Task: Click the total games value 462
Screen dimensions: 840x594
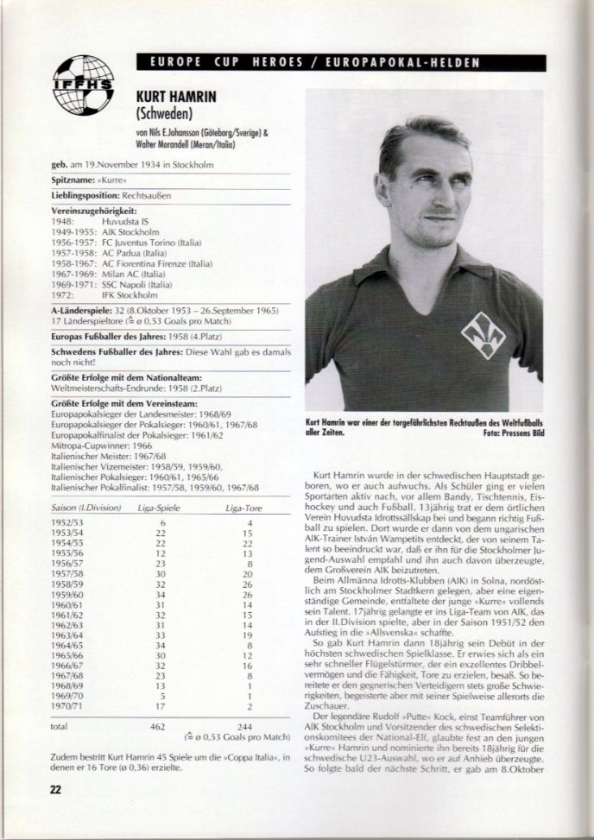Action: [x=159, y=728]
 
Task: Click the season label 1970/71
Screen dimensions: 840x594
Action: [x=69, y=704]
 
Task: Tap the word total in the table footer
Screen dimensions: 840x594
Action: [x=61, y=728]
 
